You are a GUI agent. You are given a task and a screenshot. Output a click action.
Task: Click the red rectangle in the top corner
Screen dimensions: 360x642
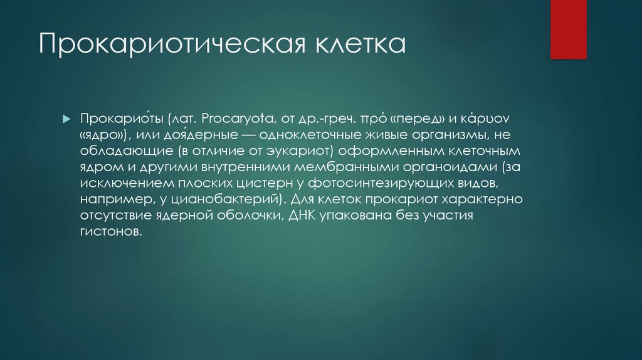click(x=568, y=29)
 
